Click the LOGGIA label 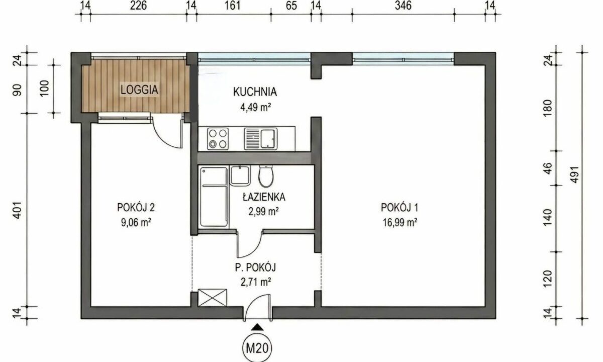pos(139,89)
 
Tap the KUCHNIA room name pos(255,92)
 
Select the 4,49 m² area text pos(255,108)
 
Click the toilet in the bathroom pos(266,176)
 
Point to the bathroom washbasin pos(240,175)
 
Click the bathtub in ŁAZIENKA pos(214,197)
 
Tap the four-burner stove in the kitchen pos(218,139)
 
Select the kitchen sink pos(261,139)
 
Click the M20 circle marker pos(257,348)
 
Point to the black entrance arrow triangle pos(258,327)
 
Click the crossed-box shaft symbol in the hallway pos(213,298)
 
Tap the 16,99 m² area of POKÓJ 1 pos(400,223)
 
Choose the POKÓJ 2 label pos(136,207)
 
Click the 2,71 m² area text pos(255,282)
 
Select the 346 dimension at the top pos(403,6)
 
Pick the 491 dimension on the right pos(574,174)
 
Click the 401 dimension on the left pos(17,210)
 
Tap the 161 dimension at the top pos(232,6)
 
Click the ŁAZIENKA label pos(264,197)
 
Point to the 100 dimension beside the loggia pos(44,88)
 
